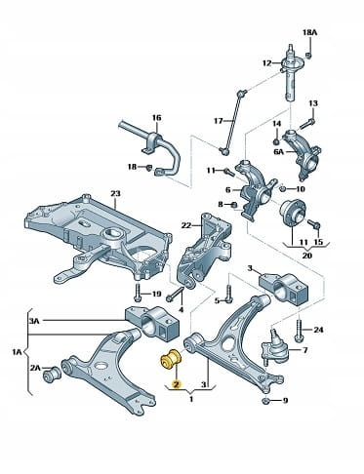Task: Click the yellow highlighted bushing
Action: click(x=171, y=360)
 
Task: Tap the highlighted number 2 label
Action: click(x=177, y=384)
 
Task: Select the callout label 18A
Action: click(x=309, y=32)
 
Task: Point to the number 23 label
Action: click(x=115, y=194)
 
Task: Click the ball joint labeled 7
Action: click(x=274, y=349)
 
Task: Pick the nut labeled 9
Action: click(x=264, y=401)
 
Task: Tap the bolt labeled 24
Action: click(x=299, y=330)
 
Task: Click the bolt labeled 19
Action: click(x=137, y=293)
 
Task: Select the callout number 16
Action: click(x=157, y=117)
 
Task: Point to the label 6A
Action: click(x=279, y=151)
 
